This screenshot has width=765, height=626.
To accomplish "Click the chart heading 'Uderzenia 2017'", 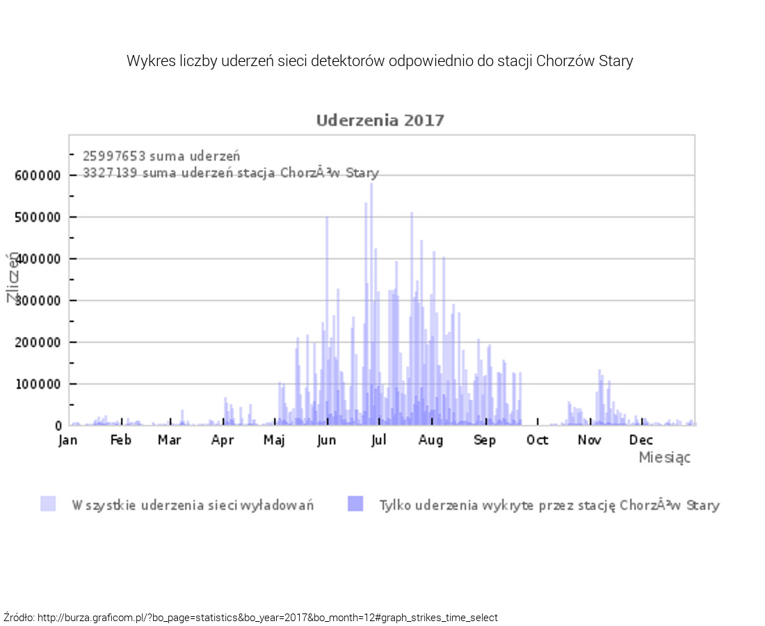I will click(x=380, y=120).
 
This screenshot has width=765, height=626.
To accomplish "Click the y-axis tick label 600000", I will click(x=38, y=176).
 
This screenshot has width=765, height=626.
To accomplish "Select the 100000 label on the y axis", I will click(x=38, y=385).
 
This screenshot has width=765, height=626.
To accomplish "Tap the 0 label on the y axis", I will click(x=58, y=426).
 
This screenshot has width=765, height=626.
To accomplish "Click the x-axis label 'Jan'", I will click(x=68, y=440).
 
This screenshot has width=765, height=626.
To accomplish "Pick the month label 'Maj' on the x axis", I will click(x=274, y=440).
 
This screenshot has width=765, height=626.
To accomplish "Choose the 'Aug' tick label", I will click(x=430, y=440).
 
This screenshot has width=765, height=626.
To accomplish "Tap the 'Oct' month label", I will click(x=537, y=440).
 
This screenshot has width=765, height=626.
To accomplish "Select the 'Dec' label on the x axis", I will click(x=641, y=440).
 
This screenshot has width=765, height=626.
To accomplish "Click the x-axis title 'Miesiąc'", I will click(x=664, y=458).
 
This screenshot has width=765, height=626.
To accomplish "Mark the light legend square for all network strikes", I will click(x=48, y=504).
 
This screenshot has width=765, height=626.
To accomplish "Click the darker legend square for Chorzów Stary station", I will click(x=355, y=504).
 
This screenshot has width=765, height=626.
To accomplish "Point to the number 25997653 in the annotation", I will click(x=114, y=156).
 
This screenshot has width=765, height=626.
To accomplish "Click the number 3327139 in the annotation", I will click(x=111, y=172).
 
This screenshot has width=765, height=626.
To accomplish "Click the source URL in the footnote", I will click(x=268, y=618).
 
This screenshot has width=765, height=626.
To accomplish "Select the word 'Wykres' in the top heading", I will click(x=147, y=61).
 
